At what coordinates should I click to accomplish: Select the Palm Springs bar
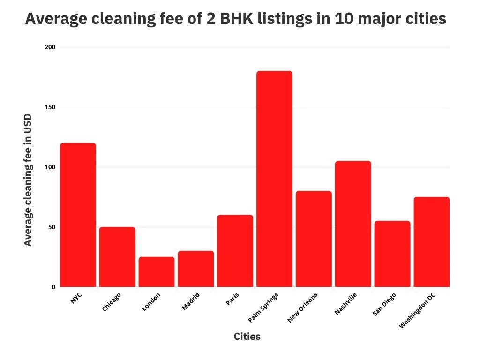click(274, 179)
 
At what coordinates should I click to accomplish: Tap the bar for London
click(157, 272)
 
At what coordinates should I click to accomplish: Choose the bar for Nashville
click(353, 224)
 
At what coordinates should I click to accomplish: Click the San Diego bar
click(392, 254)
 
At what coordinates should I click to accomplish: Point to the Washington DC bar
click(431, 242)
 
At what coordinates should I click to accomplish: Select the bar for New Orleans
click(314, 239)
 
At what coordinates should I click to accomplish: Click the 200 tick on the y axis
click(50, 47)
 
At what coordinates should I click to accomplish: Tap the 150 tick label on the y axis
click(50, 107)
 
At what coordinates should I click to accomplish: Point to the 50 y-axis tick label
click(52, 227)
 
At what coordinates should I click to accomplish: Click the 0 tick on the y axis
click(53, 287)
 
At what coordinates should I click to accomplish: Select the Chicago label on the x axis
click(112, 302)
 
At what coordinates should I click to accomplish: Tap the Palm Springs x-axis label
click(263, 307)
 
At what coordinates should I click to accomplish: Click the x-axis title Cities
click(247, 337)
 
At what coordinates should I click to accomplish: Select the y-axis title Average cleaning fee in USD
click(28, 180)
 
